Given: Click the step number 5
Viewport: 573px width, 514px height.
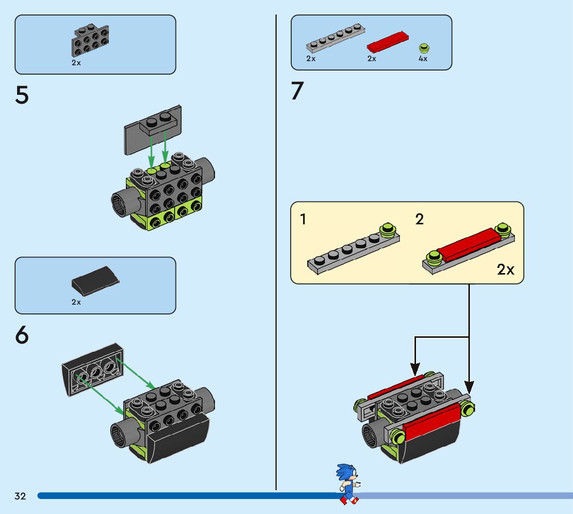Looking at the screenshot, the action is tap(22, 95).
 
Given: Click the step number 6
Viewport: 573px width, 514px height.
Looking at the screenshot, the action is tap(22, 335).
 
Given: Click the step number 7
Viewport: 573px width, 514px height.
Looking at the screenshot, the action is tap(297, 90).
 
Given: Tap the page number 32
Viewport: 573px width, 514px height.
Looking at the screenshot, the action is tap(20, 496).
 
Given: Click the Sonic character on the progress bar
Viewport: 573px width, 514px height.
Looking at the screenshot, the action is tap(348, 484).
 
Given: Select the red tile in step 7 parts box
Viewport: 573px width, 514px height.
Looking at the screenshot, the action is tap(388, 42).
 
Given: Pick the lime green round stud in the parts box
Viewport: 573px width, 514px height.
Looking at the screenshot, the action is tap(424, 48).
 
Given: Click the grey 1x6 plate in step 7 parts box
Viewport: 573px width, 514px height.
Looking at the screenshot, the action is tap(335, 38).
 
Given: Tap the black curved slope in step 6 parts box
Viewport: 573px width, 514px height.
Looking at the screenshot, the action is tap(95, 280).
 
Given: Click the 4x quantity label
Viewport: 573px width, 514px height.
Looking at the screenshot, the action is tap(423, 59).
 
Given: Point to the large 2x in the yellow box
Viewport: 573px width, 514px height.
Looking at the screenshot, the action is tap(506, 270).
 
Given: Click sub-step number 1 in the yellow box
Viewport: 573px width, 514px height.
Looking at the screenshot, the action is tap(303, 219).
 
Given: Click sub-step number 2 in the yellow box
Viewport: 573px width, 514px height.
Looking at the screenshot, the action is tap(420, 219).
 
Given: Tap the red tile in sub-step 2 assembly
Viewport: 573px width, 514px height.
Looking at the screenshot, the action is tap(469, 245).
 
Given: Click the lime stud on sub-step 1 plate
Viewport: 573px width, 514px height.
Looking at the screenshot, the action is tap(388, 230).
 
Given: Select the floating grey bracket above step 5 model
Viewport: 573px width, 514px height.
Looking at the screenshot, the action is tap(153, 130).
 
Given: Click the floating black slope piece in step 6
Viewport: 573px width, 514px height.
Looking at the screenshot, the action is tap(93, 369).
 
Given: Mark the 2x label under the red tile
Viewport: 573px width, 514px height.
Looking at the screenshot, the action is tap(371, 59).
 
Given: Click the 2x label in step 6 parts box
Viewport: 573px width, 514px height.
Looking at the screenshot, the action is tap(76, 302).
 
